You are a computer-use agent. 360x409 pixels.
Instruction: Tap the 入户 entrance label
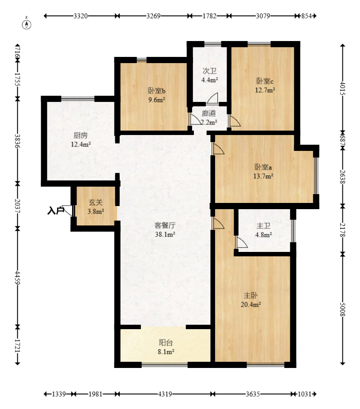[x=56, y=210]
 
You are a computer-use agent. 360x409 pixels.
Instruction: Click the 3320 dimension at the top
[x=80, y=16]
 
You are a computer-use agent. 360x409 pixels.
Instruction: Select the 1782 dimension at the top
[x=209, y=16]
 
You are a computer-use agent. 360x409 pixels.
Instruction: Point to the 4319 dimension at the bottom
[x=165, y=394]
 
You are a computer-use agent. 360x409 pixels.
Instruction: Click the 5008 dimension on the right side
[x=342, y=309]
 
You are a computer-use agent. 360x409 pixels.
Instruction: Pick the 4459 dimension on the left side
[x=18, y=278]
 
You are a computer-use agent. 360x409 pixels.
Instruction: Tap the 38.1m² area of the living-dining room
[x=165, y=234]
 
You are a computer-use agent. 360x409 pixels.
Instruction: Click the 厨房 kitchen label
[x=80, y=135]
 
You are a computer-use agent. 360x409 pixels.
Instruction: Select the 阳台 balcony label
[x=166, y=343]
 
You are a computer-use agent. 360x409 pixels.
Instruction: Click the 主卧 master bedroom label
[x=250, y=296]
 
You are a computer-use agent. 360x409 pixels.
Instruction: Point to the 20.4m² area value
[x=251, y=304]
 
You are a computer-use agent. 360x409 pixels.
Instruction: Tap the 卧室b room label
[x=157, y=91]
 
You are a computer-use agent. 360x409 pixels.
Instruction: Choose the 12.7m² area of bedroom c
[x=265, y=90]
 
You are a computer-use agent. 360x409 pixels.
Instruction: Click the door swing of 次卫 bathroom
[x=212, y=98]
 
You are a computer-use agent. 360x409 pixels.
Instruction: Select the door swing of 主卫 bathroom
[x=242, y=242]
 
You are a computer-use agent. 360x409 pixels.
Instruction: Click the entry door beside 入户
[x=68, y=211]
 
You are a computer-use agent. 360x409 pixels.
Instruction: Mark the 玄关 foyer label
[x=95, y=202]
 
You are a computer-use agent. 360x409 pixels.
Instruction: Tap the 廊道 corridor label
[x=209, y=113]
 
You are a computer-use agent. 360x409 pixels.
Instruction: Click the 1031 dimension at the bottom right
[x=304, y=394]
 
